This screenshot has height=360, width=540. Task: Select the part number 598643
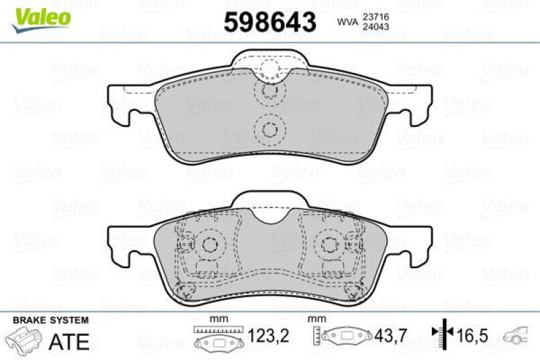pos(269,23)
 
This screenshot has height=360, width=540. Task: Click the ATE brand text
pos(70,341)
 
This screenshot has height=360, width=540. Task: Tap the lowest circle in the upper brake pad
pos(270,129)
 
